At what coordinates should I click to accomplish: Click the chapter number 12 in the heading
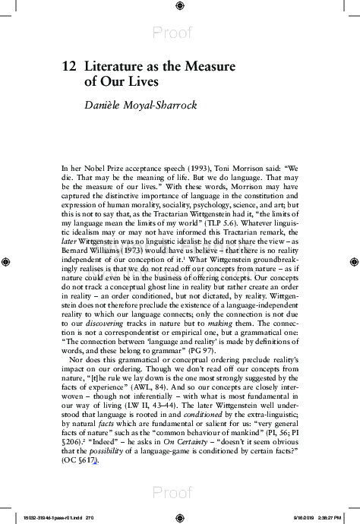69,66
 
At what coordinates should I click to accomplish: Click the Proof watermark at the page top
179,32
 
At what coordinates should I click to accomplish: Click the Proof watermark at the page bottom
179,493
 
